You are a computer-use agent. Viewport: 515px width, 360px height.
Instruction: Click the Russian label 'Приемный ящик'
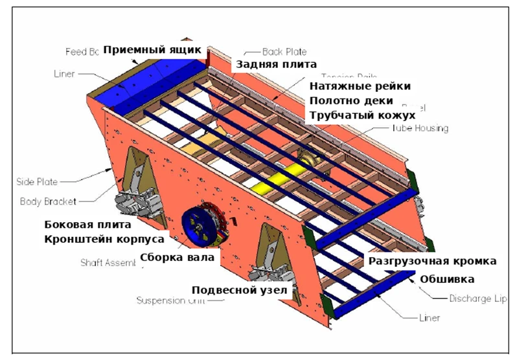pyautogui.click(x=153, y=50)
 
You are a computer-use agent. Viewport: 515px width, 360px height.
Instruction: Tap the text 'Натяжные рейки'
pyautogui.click(x=360, y=86)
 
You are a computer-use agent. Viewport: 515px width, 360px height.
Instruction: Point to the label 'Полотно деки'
pyautogui.click(x=350, y=101)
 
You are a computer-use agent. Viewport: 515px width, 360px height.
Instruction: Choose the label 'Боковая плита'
pyautogui.click(x=87, y=225)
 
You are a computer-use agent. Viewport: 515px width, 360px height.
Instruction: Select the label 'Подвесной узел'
pyautogui.click(x=239, y=289)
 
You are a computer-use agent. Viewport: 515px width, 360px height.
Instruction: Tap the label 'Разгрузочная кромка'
pyautogui.click(x=432, y=261)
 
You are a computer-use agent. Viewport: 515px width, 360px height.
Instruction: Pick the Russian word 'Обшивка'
pyautogui.click(x=446, y=279)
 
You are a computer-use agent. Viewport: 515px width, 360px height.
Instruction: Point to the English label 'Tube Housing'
pyautogui.click(x=418, y=128)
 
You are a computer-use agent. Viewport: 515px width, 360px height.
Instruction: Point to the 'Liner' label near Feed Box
pyautogui.click(x=63, y=74)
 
